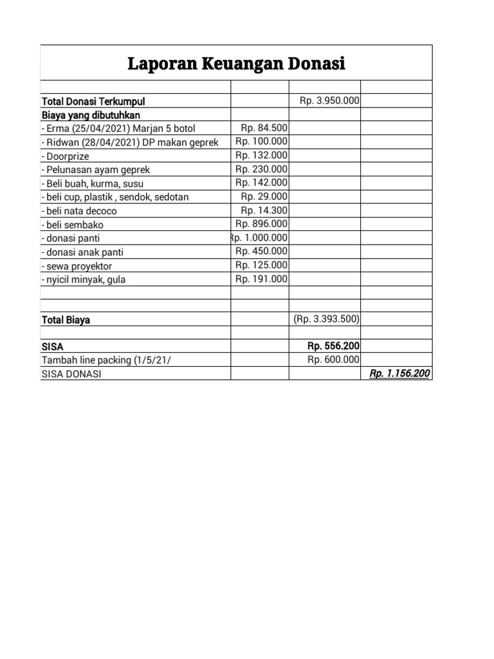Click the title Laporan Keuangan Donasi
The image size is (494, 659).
point(236,64)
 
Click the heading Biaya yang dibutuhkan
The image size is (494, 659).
point(91,115)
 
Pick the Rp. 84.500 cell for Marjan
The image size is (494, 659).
point(264,128)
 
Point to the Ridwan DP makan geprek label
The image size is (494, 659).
point(129,142)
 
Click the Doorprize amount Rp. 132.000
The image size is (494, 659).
point(262,156)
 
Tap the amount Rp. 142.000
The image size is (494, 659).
point(262,183)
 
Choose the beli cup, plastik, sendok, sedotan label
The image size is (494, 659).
point(114,197)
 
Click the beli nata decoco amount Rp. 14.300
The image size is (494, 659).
point(264,210)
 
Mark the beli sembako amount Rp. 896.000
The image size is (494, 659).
point(262,224)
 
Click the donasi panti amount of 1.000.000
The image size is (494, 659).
point(259,238)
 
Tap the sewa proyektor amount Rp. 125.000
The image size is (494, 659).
point(262,265)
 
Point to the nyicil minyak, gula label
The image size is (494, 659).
point(82,279)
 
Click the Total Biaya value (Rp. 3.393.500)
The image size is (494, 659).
point(327,319)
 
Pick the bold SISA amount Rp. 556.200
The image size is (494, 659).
point(334,346)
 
